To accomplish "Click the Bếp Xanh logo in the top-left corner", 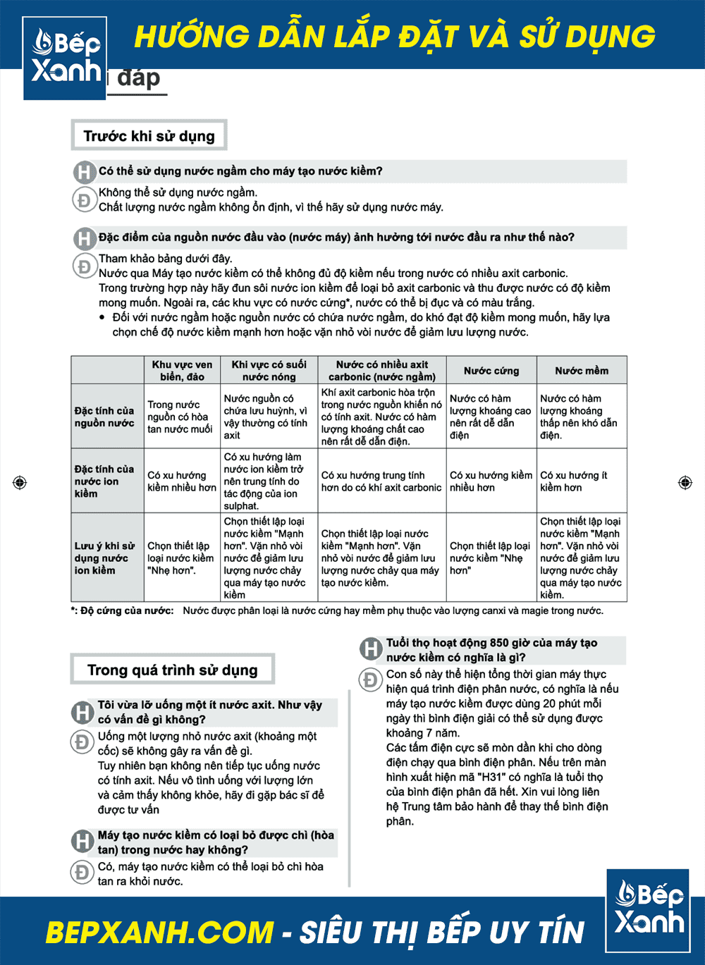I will (x=65, y=58).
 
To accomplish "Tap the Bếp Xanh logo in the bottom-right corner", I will (x=648, y=910).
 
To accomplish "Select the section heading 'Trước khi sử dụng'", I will (x=149, y=135).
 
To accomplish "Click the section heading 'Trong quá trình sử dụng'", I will (x=173, y=670).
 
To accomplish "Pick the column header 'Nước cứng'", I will (x=491, y=371).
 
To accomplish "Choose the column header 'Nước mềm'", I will (x=582, y=371).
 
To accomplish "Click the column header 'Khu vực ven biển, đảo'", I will (x=182, y=371).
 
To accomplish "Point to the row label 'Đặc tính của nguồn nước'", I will (x=104, y=417).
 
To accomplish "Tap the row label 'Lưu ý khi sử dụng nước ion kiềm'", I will (x=104, y=558).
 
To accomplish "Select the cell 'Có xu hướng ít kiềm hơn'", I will (x=574, y=481).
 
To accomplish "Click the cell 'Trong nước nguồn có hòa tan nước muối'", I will (x=180, y=417).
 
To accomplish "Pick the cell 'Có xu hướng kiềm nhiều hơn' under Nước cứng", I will (x=491, y=481).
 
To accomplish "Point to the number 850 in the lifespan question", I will (x=499, y=643).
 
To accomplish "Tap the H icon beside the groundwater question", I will (x=84, y=171).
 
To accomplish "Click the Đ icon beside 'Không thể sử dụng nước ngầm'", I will (x=84, y=199).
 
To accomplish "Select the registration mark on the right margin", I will (x=685, y=482).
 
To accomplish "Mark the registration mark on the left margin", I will (x=20, y=482).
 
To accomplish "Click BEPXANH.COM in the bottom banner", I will (x=159, y=932).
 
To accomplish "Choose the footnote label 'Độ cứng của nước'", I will (x=127, y=610).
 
